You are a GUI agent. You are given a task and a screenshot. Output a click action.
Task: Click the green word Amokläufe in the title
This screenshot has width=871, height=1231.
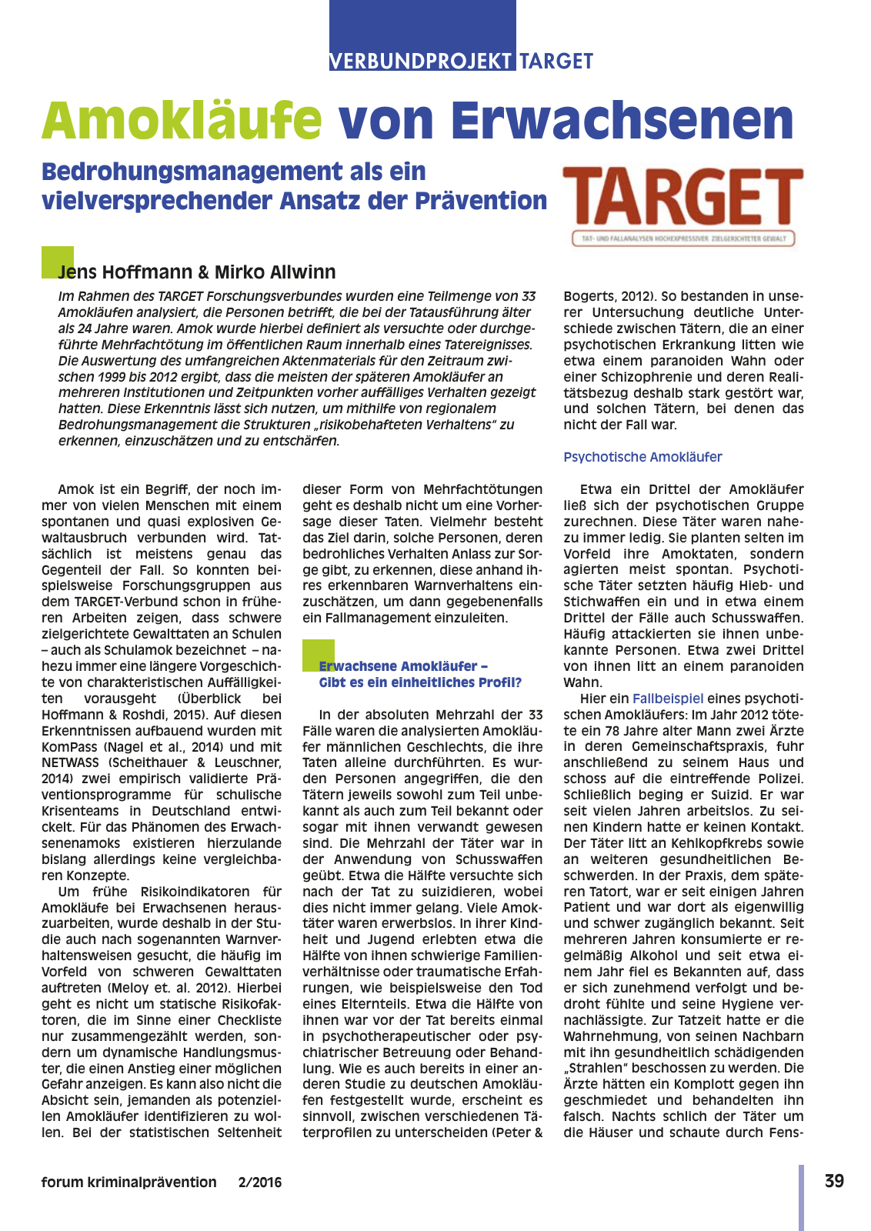pos(182,121)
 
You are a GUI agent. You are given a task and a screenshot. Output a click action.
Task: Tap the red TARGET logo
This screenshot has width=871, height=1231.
pos(683,199)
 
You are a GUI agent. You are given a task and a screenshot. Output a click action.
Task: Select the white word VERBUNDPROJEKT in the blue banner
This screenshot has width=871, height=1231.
pos(421,62)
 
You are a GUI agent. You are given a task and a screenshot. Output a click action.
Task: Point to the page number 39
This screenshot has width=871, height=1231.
pos(834,1181)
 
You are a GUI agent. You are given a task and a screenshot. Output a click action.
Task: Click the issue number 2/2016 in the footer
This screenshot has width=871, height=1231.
pos(260,1183)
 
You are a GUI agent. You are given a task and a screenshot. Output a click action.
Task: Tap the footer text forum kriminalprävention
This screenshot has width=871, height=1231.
pos(128,1183)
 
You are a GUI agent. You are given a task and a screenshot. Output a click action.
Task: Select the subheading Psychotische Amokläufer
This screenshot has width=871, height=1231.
pos(642,457)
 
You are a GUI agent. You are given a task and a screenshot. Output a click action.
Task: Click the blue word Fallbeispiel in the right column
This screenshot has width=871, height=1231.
pos(667,699)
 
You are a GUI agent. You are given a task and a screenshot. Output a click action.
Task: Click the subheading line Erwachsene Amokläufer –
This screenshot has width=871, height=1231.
pos(403,666)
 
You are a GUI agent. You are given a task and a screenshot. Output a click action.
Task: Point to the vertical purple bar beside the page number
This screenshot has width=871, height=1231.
pos(801,1196)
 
